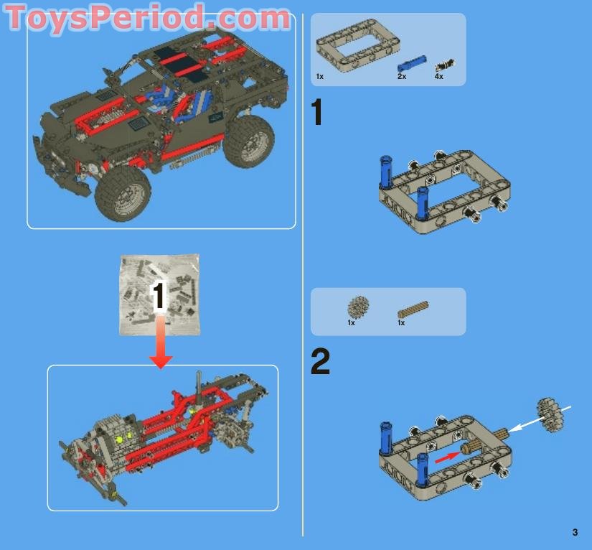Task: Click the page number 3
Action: point(575,532)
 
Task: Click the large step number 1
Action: point(317,112)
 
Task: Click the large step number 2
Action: point(320,361)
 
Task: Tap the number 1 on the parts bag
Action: point(159,297)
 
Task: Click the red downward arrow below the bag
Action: point(161,342)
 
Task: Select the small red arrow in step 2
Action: point(446,457)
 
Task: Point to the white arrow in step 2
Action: point(539,419)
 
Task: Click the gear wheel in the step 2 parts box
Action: point(358,307)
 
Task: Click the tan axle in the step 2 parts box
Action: point(413,309)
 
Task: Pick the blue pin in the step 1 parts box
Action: point(412,64)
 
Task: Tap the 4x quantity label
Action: point(438,76)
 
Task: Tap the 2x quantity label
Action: point(402,76)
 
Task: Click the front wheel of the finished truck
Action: point(123,193)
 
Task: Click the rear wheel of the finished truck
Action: point(249,141)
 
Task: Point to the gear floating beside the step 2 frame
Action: point(550,415)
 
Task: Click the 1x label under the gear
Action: point(351,322)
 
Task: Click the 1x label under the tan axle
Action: point(401,322)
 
